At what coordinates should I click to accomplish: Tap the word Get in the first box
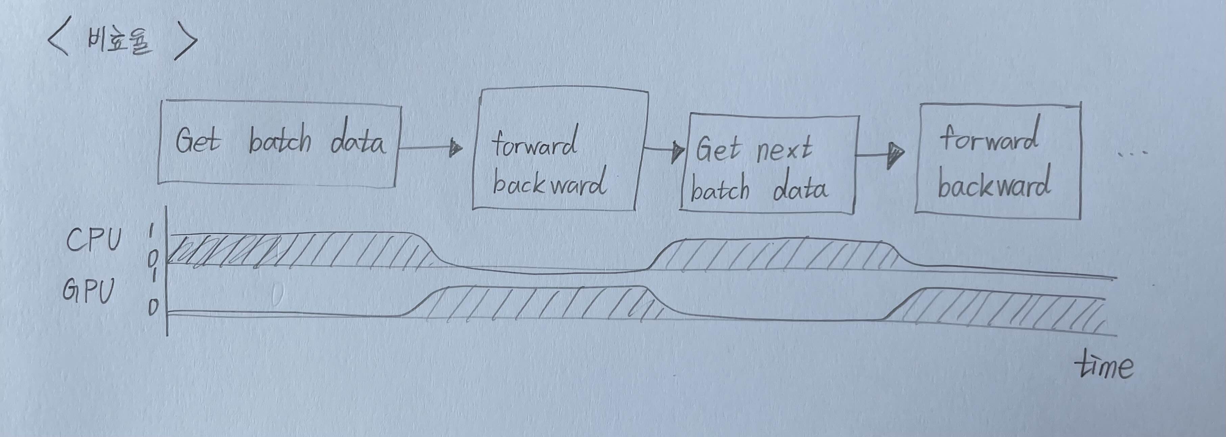197,141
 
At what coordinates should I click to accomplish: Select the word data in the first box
358,141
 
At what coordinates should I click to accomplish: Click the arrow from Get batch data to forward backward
430,148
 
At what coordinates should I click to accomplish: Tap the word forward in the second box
534,143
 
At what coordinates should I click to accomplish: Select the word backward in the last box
994,183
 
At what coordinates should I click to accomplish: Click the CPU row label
94,240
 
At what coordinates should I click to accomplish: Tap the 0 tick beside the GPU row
153,308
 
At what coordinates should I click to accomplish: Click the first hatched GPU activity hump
538,303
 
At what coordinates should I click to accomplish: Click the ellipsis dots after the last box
1133,153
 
